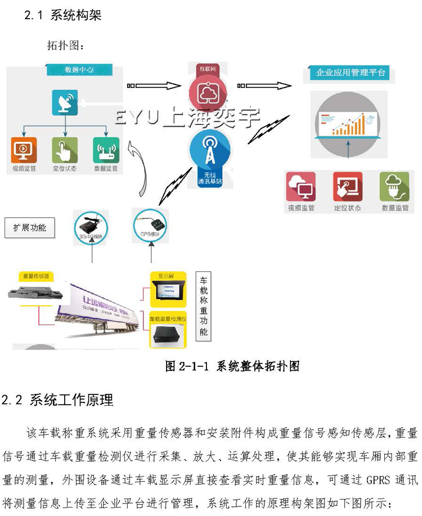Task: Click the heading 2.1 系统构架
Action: pyautogui.click(x=62, y=15)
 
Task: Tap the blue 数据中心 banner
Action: pyautogui.click(x=79, y=70)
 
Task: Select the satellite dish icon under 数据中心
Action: pyautogui.click(x=65, y=102)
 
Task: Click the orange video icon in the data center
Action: pyautogui.click(x=24, y=150)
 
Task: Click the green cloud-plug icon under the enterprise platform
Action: pyautogui.click(x=394, y=187)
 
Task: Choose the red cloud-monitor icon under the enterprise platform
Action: pyautogui.click(x=301, y=187)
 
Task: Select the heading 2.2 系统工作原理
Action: pyautogui.click(x=57, y=400)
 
